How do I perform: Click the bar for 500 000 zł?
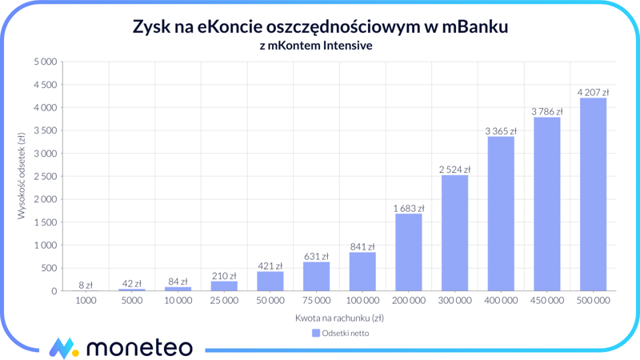coord(593,194)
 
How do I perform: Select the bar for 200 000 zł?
coord(408,252)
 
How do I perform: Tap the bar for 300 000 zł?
coord(454,233)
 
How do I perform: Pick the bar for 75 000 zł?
coord(316,276)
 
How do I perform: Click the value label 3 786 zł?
coord(546,110)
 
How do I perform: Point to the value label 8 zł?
coord(86,285)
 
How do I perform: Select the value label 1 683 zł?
coord(408,209)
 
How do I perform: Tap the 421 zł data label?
coord(270,266)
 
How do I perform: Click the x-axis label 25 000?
coord(224,301)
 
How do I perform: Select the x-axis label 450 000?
coord(546,301)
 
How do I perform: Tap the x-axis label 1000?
coord(86,301)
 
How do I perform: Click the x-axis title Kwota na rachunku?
coord(339,318)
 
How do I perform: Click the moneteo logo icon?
coord(63,348)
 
